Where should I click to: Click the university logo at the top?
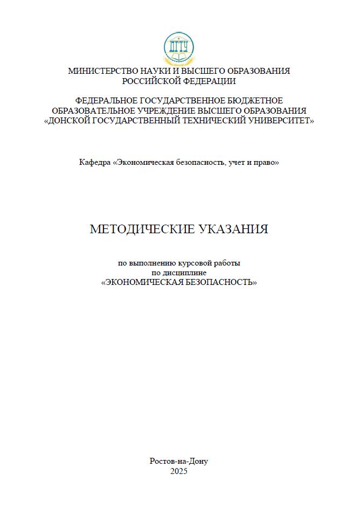pyautogui.click(x=179, y=48)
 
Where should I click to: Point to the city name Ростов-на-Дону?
pyautogui.click(x=178, y=461)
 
